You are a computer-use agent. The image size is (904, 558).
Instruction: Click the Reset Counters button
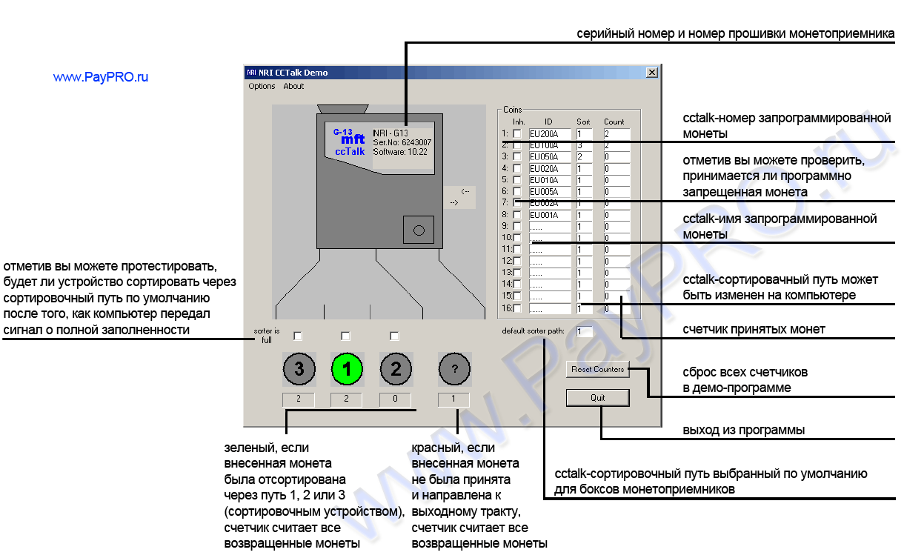tap(597, 369)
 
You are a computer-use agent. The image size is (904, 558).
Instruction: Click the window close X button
tap(651, 73)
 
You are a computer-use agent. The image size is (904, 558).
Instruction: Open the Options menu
tap(262, 86)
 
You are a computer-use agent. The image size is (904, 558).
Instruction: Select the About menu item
tap(293, 86)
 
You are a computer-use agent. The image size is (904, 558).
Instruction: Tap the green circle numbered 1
tap(347, 368)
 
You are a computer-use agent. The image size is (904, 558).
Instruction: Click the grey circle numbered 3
tap(299, 368)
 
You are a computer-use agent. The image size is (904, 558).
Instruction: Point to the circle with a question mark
tap(454, 368)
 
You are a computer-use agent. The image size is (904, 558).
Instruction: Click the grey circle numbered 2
tap(395, 368)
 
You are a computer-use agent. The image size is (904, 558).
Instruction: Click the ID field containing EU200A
tap(550, 133)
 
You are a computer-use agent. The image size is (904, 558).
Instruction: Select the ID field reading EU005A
tap(550, 192)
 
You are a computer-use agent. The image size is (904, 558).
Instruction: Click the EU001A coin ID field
tap(550, 215)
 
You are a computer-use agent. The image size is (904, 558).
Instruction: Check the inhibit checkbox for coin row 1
tap(517, 133)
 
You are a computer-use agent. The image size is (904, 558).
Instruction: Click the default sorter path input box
tap(585, 331)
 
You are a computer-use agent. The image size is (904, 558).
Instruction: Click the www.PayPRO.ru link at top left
tap(101, 77)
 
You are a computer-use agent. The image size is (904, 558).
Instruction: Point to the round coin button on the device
tap(418, 230)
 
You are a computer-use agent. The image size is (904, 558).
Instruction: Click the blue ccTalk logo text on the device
tap(350, 151)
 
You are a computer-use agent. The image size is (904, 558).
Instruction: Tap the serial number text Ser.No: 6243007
tap(402, 142)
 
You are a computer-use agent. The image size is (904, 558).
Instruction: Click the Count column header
tap(614, 122)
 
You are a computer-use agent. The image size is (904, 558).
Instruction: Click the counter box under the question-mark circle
tap(454, 399)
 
